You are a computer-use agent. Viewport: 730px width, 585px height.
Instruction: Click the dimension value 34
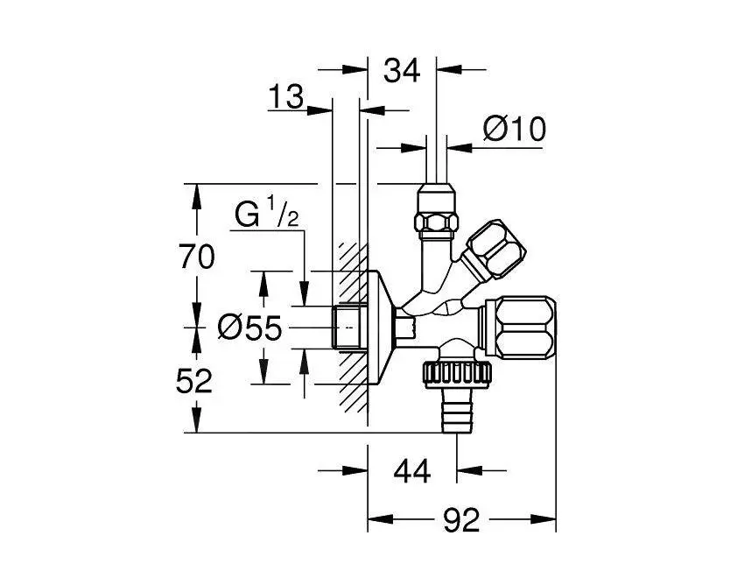[403, 70]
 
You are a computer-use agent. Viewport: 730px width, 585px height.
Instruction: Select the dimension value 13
[285, 97]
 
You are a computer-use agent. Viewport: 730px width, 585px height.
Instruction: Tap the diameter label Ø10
[515, 130]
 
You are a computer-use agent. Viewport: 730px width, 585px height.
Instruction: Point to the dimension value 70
[196, 257]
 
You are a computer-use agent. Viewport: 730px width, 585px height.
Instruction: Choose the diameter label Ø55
[249, 328]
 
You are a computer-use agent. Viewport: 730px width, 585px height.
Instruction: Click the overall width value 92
[461, 522]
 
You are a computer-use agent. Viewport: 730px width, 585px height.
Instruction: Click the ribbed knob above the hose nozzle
[458, 376]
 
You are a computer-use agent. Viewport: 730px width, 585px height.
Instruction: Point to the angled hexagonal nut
[495, 249]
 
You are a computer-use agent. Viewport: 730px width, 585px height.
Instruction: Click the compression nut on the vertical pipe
[435, 214]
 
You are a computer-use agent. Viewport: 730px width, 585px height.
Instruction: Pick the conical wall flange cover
[380, 326]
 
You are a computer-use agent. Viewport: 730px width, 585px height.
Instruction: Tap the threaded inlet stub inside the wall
[347, 327]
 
